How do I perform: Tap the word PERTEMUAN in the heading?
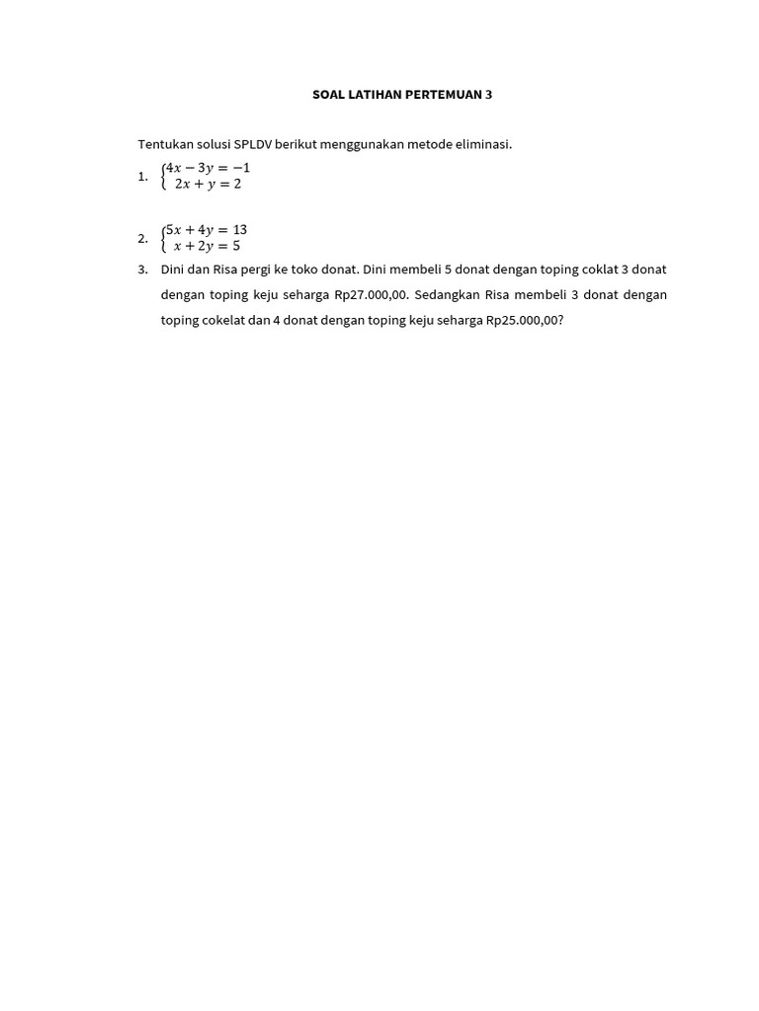pos(443,95)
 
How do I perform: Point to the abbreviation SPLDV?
pos(253,144)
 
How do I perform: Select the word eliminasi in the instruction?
pos(481,144)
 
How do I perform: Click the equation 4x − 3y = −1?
pos(208,168)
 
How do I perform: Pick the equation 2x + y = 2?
pos(208,184)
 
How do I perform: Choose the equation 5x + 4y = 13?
pos(206,230)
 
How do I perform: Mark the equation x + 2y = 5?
pos(207,246)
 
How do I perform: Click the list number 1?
pos(143,176)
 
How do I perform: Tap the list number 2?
pos(143,238)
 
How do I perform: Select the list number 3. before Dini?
pos(143,269)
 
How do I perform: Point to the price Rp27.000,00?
pos(372,294)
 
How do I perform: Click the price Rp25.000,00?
pos(524,320)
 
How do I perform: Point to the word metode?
pos(411,144)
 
